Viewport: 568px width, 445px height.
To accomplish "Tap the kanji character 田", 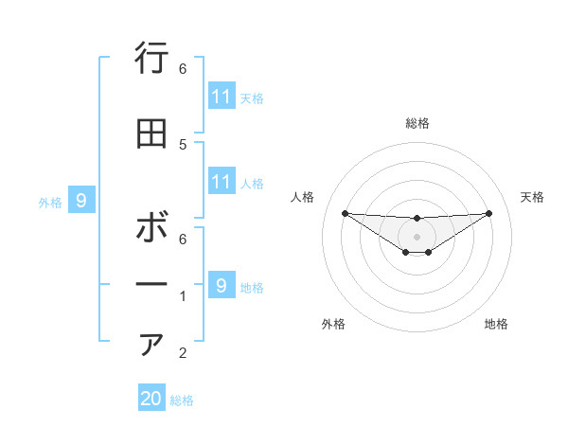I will pyautogui.click(x=151, y=134).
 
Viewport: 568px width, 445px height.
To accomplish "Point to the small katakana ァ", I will pyautogui.click(x=151, y=345).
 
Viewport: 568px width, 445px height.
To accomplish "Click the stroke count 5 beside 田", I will pyautogui.click(x=183, y=144).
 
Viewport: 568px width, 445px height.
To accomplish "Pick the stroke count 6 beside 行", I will pyautogui.click(x=183, y=68).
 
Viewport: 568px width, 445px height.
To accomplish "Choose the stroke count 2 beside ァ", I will pyautogui.click(x=183, y=354).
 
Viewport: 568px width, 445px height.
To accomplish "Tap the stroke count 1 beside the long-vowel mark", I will pyautogui.click(x=183, y=296).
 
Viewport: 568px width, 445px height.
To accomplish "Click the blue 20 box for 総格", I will pyautogui.click(x=151, y=399).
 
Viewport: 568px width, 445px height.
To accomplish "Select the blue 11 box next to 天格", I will pyautogui.click(x=221, y=97).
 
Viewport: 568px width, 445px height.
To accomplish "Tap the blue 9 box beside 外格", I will pyautogui.click(x=81, y=201).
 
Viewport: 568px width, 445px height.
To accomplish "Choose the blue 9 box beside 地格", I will pyautogui.click(x=221, y=285).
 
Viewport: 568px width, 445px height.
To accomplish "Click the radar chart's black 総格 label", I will pyautogui.click(x=417, y=123).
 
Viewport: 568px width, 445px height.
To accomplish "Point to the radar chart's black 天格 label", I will pyautogui.click(x=533, y=197).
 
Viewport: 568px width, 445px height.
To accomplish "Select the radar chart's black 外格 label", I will pyautogui.click(x=333, y=325).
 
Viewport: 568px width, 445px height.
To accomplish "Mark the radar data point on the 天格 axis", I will pyautogui.click(x=489, y=212).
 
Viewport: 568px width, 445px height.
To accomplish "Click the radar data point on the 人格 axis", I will pyautogui.click(x=345, y=212).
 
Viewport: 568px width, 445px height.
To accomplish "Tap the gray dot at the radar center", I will pyautogui.click(x=417, y=236).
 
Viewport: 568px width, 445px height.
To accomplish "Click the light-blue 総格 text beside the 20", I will pyautogui.click(x=182, y=400).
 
